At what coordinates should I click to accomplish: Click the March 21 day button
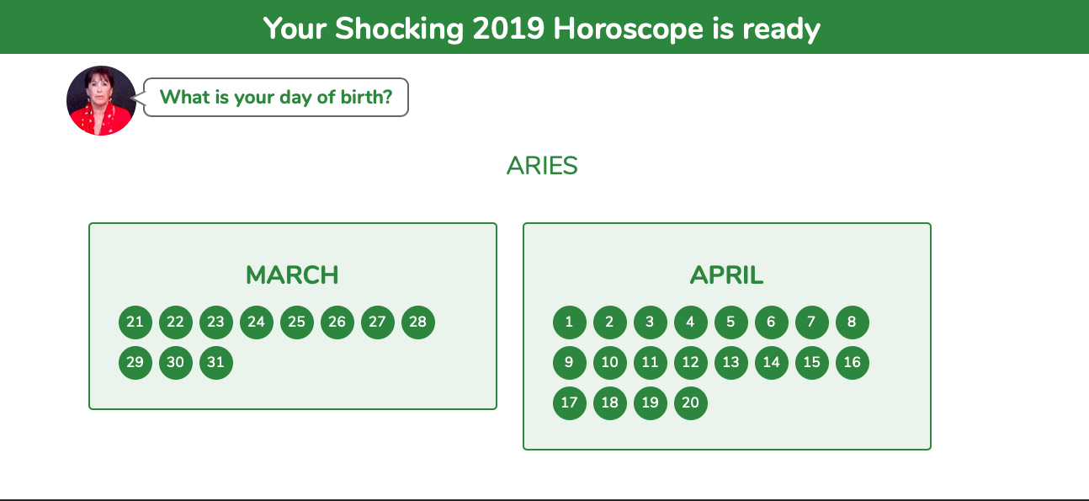(x=135, y=322)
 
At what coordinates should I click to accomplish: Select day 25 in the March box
(x=296, y=322)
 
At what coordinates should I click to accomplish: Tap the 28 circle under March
(x=418, y=322)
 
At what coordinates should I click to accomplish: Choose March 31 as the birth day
(x=215, y=362)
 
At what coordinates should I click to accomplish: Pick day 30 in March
(x=176, y=362)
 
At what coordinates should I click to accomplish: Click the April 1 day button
(x=569, y=322)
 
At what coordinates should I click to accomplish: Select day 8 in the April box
(x=853, y=322)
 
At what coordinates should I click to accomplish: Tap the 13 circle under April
(x=730, y=362)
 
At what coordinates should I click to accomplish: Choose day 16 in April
(x=853, y=362)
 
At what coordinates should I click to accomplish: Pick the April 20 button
(x=690, y=402)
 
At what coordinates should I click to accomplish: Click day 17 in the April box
(x=569, y=402)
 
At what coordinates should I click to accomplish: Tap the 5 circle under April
(x=730, y=322)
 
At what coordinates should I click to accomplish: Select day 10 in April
(x=609, y=362)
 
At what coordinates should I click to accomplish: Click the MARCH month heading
(x=292, y=275)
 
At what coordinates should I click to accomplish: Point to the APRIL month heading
(x=727, y=275)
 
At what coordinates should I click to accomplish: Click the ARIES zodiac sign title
(x=542, y=166)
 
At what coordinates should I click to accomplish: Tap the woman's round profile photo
(x=101, y=100)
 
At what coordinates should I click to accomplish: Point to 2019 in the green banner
(x=508, y=29)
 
